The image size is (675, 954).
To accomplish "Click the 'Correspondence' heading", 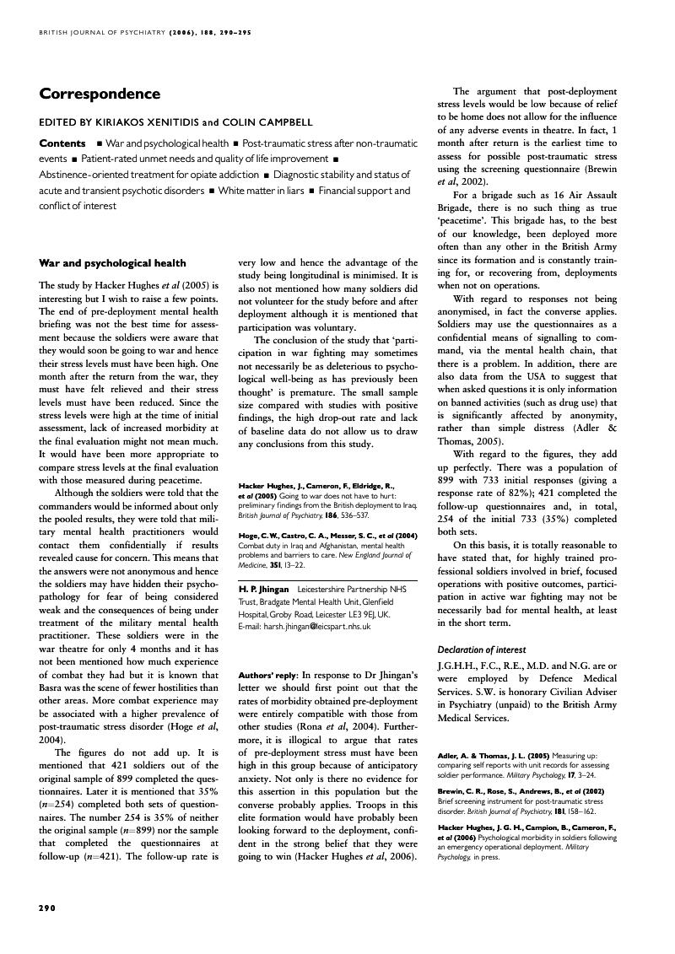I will pyautogui.click(x=100, y=94).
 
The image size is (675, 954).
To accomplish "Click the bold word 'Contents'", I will pyautogui.click(x=62, y=143).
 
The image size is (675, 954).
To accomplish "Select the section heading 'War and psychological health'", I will pyautogui.click(x=112, y=263).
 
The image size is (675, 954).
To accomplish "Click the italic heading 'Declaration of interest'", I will pyautogui.click(x=481, y=649).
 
